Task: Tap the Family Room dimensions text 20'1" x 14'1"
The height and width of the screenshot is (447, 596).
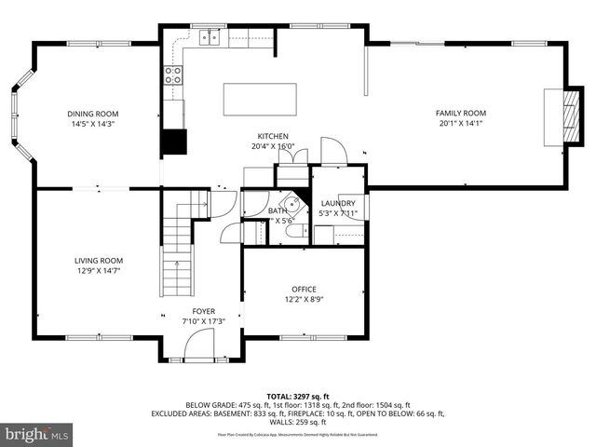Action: pos(461,124)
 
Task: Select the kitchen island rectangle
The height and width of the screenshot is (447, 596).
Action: pos(260,98)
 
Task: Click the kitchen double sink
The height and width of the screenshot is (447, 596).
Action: pos(210,37)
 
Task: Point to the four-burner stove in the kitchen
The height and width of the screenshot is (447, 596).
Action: pos(173,75)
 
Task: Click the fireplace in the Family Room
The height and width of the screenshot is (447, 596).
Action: pos(555,116)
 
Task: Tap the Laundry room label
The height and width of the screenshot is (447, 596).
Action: pos(336,203)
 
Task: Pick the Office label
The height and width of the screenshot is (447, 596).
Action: pos(303,289)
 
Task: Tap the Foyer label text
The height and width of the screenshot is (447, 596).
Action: pos(203,311)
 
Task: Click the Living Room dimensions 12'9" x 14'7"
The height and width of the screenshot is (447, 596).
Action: pos(99,271)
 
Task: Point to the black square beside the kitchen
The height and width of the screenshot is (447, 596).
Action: pos(173,142)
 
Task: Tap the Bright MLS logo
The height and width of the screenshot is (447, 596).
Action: pos(37,434)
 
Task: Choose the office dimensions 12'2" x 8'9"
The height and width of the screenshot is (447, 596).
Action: pos(303,300)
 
